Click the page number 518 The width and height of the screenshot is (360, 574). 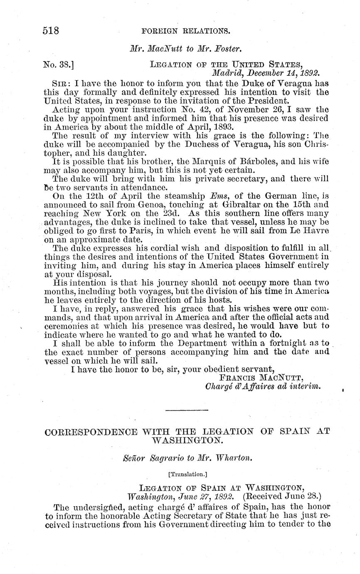point(52,31)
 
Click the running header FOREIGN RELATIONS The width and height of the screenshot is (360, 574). point(185,31)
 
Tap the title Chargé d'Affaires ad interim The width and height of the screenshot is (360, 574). point(263,386)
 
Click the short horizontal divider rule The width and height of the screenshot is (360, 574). point(186,411)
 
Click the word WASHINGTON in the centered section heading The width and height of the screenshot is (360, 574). point(186,440)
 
